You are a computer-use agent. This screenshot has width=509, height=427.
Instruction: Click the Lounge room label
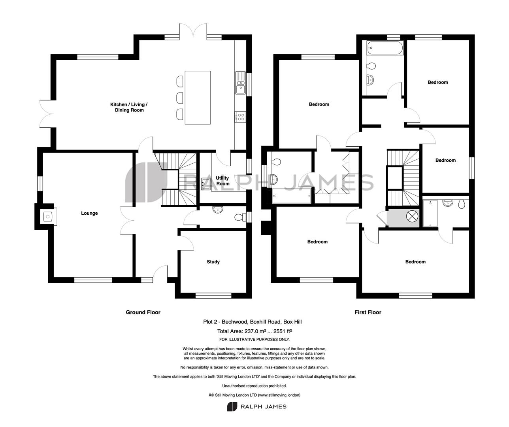(x=89, y=213)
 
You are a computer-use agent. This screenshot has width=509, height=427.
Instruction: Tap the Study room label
(x=213, y=262)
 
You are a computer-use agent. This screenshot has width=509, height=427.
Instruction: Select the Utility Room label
(x=222, y=181)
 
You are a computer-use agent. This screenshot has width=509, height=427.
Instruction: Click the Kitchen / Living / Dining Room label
(x=129, y=107)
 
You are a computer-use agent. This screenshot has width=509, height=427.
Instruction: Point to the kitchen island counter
(x=198, y=98)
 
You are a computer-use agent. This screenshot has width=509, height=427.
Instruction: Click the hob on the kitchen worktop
(x=240, y=117)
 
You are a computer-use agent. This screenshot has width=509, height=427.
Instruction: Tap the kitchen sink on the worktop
(x=241, y=83)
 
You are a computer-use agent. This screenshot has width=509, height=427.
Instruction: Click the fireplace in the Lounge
(x=48, y=217)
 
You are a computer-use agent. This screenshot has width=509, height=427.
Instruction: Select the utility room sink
(x=206, y=182)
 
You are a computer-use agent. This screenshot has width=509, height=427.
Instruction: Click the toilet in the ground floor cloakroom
(x=240, y=217)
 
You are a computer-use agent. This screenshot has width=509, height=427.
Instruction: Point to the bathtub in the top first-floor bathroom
(x=385, y=48)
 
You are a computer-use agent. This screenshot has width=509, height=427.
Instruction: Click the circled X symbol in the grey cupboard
(x=412, y=216)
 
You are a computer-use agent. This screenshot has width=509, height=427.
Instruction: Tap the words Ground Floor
(x=143, y=312)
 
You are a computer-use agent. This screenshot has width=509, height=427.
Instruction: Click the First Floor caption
(x=368, y=312)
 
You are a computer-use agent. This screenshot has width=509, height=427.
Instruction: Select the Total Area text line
(x=254, y=331)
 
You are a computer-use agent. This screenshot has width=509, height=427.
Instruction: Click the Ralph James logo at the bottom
(x=257, y=406)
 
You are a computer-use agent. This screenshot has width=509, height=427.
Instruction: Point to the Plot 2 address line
(x=252, y=322)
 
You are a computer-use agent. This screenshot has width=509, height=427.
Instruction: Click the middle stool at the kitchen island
(x=180, y=98)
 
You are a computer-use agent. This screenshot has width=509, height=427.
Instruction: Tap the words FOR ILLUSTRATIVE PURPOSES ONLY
(x=254, y=340)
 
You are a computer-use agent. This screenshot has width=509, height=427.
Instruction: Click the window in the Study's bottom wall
(x=213, y=296)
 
